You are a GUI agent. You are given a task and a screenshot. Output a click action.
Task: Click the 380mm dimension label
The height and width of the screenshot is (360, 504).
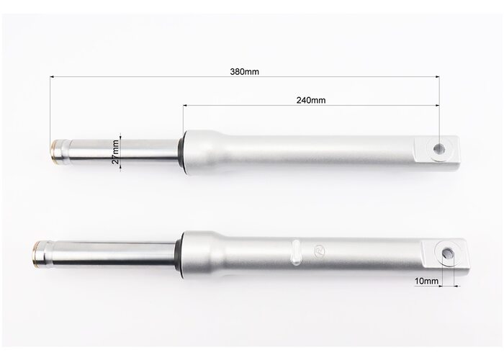[x=244, y=71]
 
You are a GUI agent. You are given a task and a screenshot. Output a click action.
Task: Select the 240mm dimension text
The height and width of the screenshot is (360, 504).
[x=311, y=100]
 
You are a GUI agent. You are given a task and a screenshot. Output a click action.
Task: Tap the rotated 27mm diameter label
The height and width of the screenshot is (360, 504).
[x=116, y=152]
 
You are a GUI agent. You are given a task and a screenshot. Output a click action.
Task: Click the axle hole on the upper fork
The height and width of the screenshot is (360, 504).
[x=439, y=149]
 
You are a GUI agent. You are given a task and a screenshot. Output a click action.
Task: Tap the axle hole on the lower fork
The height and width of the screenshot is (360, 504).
[x=447, y=253]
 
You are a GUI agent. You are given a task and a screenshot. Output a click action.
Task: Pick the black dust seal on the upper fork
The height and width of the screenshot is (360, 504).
[x=181, y=152]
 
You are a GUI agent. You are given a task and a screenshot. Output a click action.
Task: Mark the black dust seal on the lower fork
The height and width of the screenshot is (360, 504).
[x=179, y=254]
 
